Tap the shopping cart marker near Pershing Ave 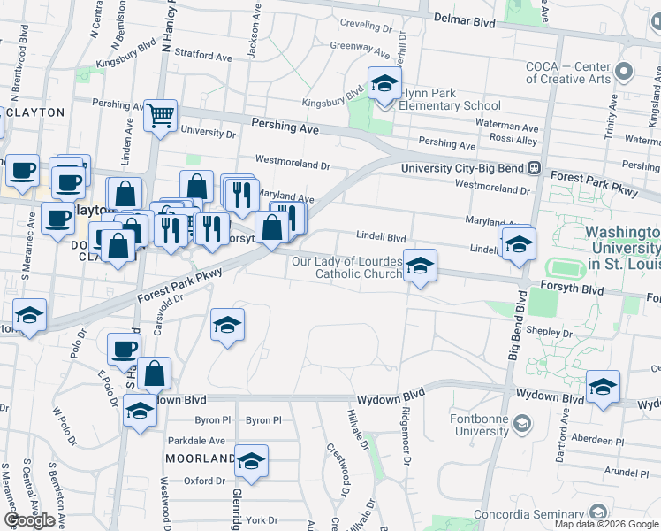point(161,114)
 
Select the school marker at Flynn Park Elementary point(384,84)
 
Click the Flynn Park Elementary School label point(450,98)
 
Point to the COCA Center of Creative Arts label point(568,73)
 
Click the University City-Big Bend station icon point(534,167)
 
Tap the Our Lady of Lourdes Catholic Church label point(348,267)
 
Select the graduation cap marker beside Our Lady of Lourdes point(420,266)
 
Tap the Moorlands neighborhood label point(200,458)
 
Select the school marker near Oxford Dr point(252,461)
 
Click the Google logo point(29,520)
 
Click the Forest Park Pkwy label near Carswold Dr point(179,287)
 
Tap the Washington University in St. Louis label point(622,248)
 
